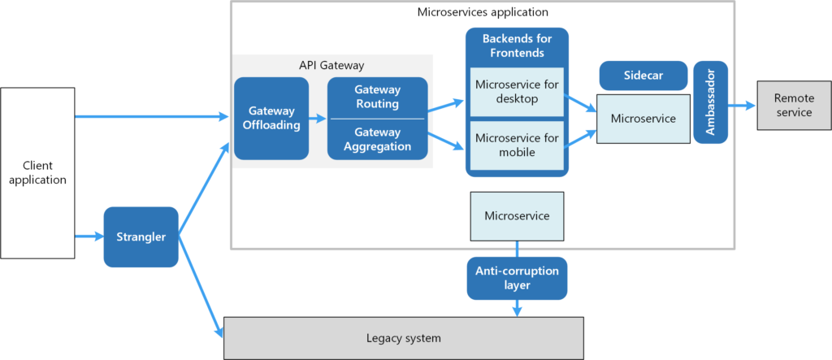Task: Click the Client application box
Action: point(37,172)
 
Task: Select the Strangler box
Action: point(141,237)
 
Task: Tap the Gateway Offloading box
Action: point(271,118)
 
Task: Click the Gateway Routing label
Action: point(377,97)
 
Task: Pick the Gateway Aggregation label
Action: point(377,139)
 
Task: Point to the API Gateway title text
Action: point(331,65)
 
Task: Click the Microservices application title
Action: point(483,12)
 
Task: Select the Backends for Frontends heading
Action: point(516,46)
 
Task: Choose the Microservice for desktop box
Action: point(517,92)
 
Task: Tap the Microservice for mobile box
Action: point(517,144)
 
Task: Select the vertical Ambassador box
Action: point(711,102)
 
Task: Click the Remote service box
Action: point(794,105)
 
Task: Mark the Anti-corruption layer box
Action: point(517,278)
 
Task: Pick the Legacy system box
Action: point(403,337)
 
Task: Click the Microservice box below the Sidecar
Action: point(643,119)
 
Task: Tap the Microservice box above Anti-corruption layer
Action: point(517,216)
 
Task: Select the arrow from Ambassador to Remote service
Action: point(742,105)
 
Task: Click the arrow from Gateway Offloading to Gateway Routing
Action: point(318,118)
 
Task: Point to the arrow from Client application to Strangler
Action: point(89,237)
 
